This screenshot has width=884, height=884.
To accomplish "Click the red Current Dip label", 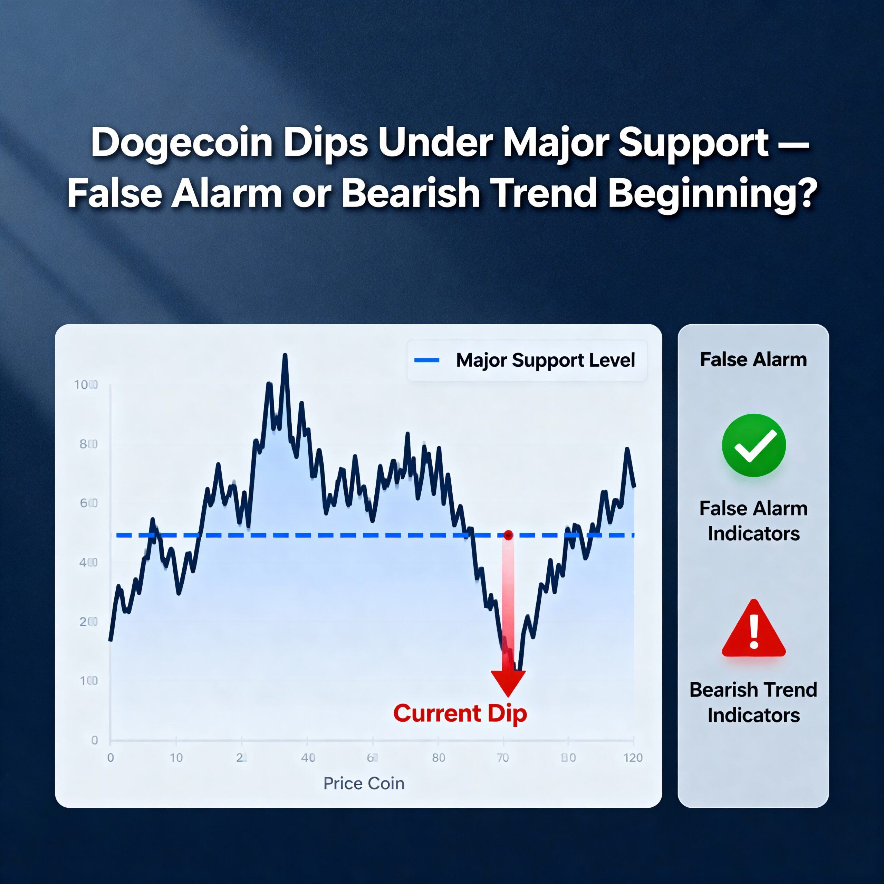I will coord(460,713).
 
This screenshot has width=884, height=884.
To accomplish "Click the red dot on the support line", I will coord(508,535).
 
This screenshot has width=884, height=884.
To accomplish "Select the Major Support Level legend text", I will coord(545,361).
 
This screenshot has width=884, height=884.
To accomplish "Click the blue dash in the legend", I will coord(426,361).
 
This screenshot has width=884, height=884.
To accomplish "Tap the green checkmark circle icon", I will coord(753,445).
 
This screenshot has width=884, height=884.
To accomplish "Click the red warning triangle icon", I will coord(753,630).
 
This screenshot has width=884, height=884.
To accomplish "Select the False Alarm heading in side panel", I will coord(753,359).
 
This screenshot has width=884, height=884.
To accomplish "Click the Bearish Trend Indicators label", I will coord(753,702).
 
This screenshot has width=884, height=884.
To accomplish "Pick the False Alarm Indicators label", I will coord(753,521).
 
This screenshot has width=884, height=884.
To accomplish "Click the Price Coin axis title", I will coord(364,783).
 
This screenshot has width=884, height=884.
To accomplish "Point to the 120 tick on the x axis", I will coord(633,758).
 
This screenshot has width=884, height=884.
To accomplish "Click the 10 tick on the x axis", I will coord(176,758).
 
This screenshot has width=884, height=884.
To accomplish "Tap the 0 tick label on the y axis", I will coord(94,740).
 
